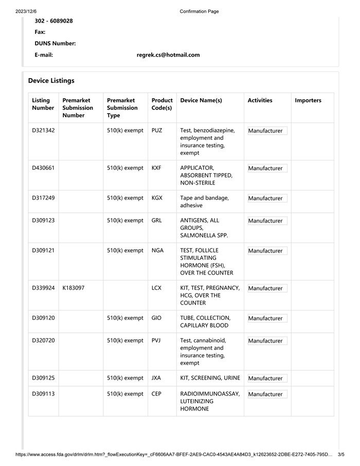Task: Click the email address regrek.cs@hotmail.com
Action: (x=168, y=55)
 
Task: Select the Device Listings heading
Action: (x=51, y=81)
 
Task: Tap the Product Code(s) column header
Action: (x=162, y=104)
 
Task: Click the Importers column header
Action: (x=308, y=100)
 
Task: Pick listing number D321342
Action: (x=43, y=131)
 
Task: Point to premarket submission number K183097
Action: (x=73, y=288)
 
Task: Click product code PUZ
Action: (x=157, y=131)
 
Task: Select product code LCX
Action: (x=156, y=288)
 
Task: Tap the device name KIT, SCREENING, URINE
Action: (x=210, y=378)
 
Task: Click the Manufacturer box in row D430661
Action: (x=267, y=168)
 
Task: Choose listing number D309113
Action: (x=43, y=394)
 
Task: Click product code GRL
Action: (x=156, y=221)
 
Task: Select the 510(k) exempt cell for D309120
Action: (x=125, y=318)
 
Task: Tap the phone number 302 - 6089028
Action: (x=53, y=21)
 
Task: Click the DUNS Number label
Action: (x=55, y=44)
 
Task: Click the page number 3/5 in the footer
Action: (x=341, y=455)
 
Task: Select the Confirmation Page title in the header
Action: (x=199, y=11)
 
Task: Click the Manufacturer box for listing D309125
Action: (x=267, y=378)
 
